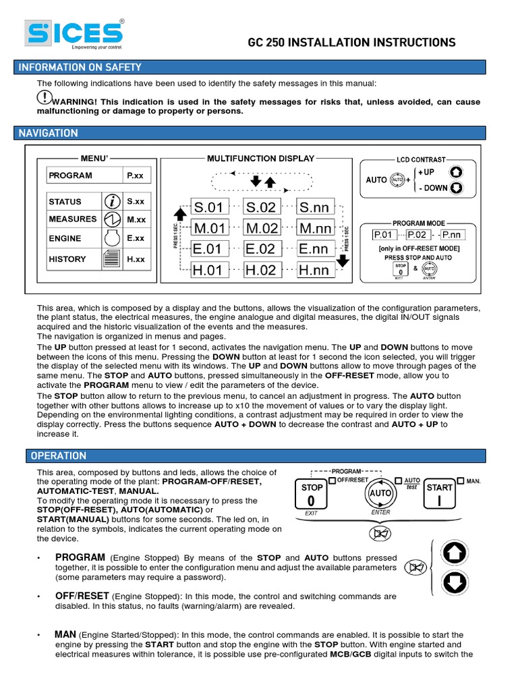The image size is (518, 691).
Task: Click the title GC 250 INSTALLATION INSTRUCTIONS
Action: [352, 43]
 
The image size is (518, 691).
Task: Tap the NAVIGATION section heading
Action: [48, 133]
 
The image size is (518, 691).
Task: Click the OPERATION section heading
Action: [58, 455]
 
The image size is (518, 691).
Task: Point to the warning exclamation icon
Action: [45, 97]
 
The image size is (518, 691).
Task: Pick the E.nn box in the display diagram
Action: [314, 249]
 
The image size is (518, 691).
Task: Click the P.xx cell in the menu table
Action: [137, 175]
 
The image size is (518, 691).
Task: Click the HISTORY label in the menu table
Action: [67, 259]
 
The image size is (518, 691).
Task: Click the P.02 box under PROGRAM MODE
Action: [416, 235]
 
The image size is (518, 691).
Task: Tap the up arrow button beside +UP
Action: [456, 172]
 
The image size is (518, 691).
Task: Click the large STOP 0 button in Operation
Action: [312, 495]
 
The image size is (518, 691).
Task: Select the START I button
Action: [440, 495]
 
